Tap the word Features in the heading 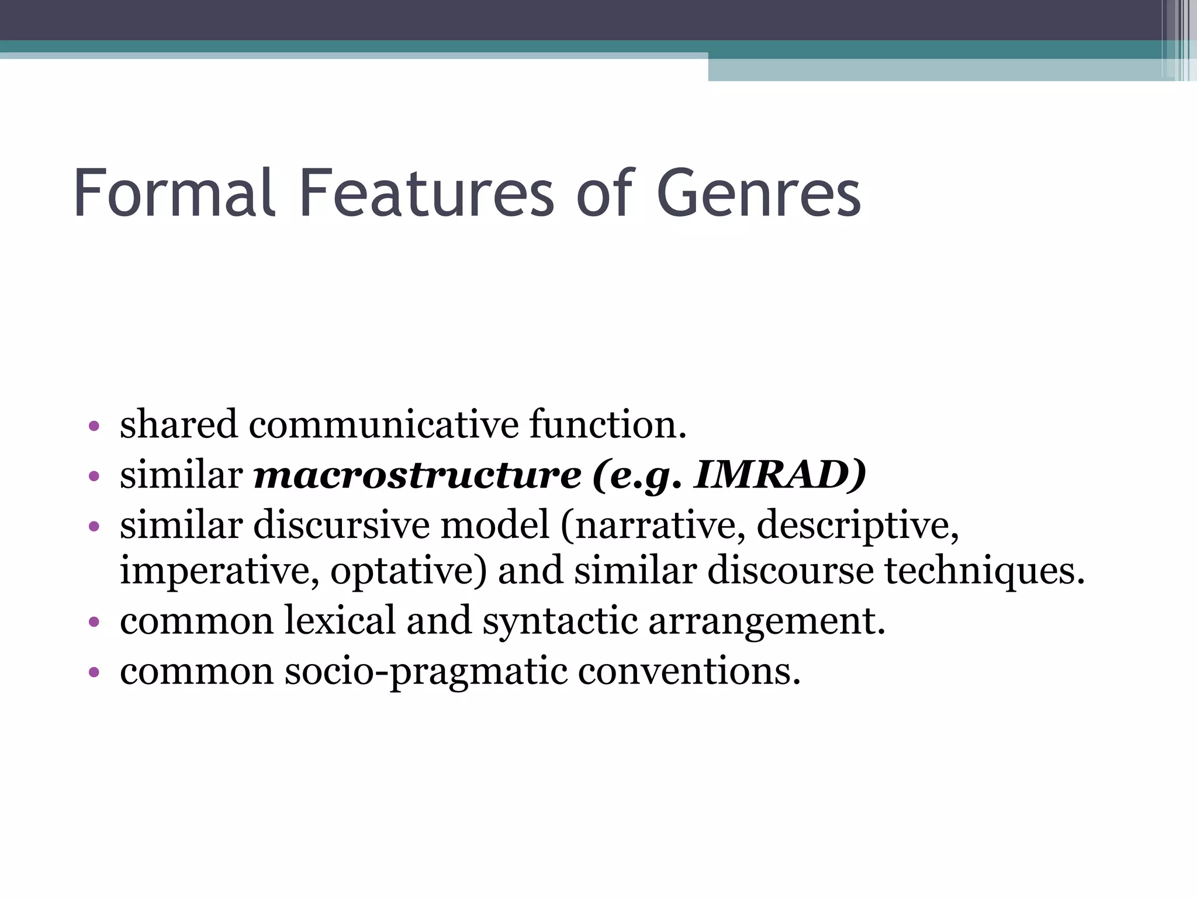(x=426, y=193)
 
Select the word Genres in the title (x=759, y=193)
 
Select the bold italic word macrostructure (x=417, y=475)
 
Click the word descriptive (x=857, y=525)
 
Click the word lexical (x=340, y=621)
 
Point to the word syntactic (x=559, y=621)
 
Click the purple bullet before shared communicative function (x=94, y=426)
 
